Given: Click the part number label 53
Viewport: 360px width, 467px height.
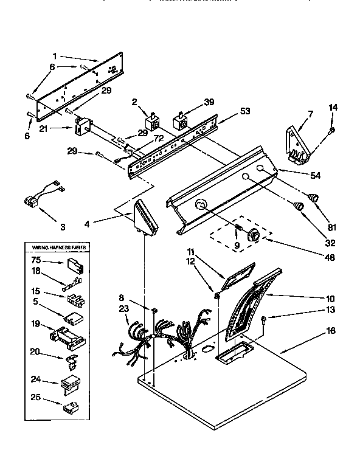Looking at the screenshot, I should [x=229, y=112].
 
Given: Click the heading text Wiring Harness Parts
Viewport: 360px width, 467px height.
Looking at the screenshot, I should [x=56, y=249].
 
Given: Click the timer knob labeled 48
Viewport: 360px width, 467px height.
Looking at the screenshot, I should [x=254, y=234].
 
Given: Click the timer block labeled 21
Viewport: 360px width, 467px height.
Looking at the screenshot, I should [x=82, y=127].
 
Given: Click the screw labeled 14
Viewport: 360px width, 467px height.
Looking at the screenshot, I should [x=332, y=129].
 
